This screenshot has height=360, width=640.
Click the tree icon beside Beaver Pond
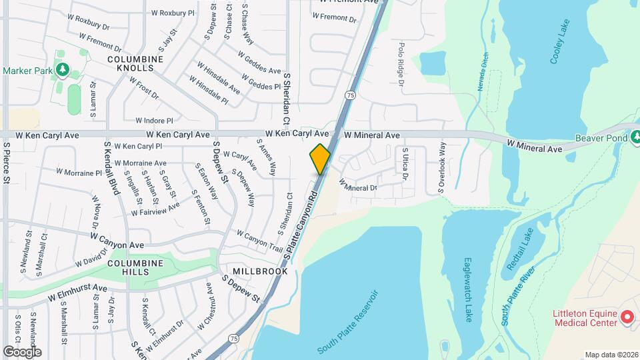click(x=635, y=137)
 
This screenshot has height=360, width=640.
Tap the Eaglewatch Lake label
click(x=468, y=290)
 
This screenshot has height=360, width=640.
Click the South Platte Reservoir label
click(x=347, y=321)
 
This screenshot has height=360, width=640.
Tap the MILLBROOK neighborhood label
click(x=260, y=271)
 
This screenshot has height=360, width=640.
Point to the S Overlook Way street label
click(x=441, y=168)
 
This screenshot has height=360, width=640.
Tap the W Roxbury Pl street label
click(x=173, y=12)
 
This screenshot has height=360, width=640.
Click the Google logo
click(x=22, y=351)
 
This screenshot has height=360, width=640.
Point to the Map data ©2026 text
click(x=611, y=355)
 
